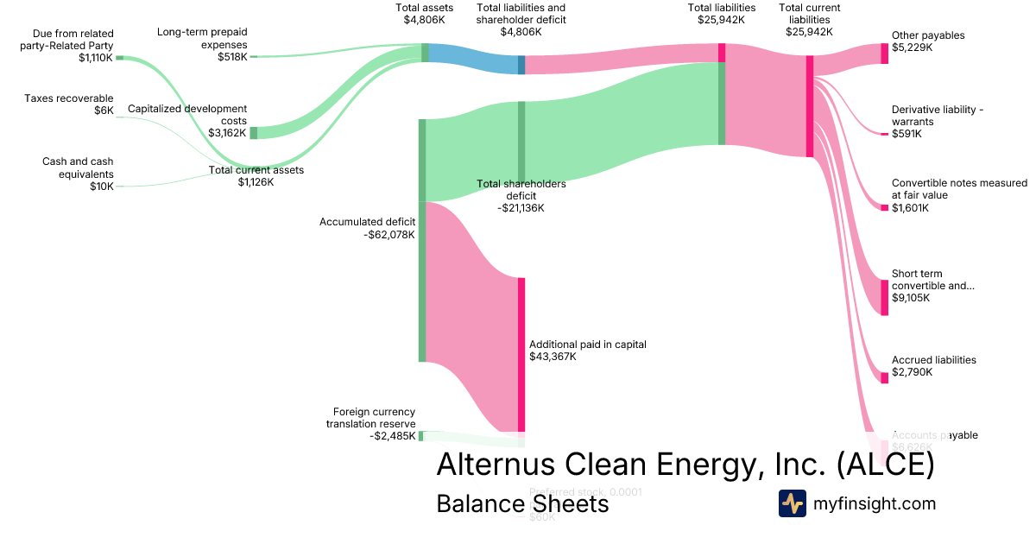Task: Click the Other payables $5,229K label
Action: click(928, 41)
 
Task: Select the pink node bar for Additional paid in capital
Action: click(521, 354)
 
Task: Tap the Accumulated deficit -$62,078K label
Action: click(367, 228)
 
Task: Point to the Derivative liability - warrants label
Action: click(938, 122)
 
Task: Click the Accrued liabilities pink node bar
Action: click(884, 377)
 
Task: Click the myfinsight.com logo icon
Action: click(792, 503)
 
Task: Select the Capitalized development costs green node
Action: click(253, 133)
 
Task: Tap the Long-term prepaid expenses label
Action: click(202, 44)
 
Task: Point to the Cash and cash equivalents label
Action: click(78, 174)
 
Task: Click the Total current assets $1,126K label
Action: click(256, 176)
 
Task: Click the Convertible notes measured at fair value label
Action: click(959, 195)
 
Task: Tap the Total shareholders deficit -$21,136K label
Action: click(521, 195)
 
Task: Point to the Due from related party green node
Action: click(120, 57)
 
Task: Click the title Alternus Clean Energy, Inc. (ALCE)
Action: click(685, 465)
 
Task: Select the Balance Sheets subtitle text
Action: click(522, 503)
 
